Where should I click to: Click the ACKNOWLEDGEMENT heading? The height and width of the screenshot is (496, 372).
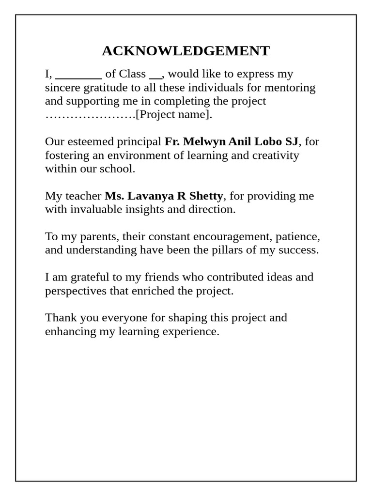(x=186, y=51)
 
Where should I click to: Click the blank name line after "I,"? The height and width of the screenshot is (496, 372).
(x=78, y=76)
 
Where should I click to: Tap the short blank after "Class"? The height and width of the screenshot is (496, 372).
(x=155, y=76)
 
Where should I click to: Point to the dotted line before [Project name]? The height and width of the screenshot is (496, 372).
(x=90, y=115)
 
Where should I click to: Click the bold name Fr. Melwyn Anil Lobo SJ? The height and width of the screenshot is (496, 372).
(x=232, y=141)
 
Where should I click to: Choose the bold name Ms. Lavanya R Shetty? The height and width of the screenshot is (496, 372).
(x=164, y=196)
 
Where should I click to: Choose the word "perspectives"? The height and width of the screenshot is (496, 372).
(x=74, y=291)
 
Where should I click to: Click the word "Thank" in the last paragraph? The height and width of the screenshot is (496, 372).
(x=60, y=318)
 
